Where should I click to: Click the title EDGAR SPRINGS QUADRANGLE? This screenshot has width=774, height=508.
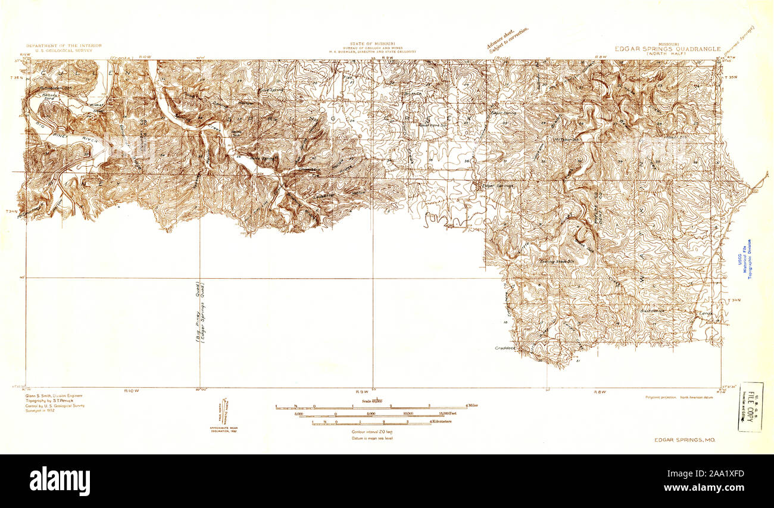coord(668,49)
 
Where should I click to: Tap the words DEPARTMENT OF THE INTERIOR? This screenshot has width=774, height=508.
coord(64,45)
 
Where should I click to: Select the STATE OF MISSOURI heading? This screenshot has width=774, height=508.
coord(373,44)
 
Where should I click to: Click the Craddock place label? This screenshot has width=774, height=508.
coord(505,347)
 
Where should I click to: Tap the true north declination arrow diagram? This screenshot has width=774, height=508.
coord(224,412)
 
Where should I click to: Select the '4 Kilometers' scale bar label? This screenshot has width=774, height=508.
coord(441,422)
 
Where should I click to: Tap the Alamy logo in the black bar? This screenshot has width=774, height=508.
coord(60,481)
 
